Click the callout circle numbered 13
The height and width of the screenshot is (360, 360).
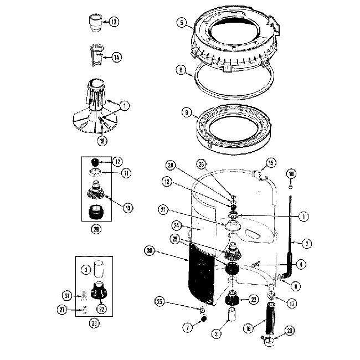click(x=114, y=22)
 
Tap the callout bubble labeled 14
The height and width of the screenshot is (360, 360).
click(x=116, y=56)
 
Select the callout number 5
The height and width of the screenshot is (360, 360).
click(x=181, y=23)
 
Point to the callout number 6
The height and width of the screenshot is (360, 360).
click(x=181, y=70)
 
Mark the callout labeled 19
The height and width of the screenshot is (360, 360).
click(x=128, y=208)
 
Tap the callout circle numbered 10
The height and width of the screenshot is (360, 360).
click(x=291, y=174)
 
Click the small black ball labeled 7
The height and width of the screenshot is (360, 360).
click(x=203, y=320)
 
